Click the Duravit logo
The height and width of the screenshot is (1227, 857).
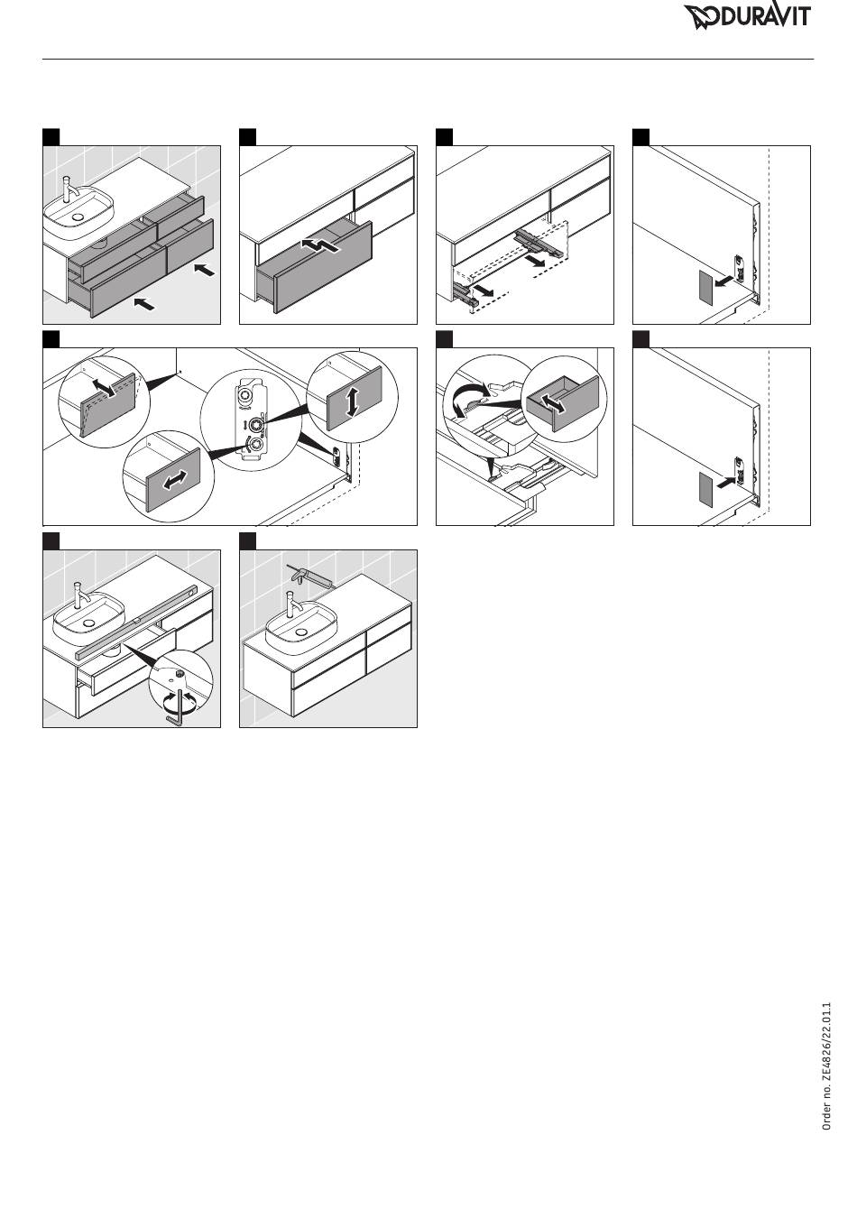[747, 17]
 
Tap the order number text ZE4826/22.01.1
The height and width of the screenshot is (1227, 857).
[826, 1066]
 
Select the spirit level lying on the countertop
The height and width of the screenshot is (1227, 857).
[134, 621]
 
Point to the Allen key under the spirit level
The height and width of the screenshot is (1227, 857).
[176, 706]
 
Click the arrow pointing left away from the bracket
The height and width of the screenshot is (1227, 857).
[723, 281]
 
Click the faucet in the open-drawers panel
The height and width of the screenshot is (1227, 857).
[69, 189]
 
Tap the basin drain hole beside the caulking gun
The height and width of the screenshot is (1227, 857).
[299, 631]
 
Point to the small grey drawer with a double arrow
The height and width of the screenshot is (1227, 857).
[563, 403]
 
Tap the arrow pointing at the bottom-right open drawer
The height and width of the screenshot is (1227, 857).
[205, 270]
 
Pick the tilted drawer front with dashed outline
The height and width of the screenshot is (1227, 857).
[108, 403]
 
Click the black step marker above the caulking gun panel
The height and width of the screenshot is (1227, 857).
[247, 541]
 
